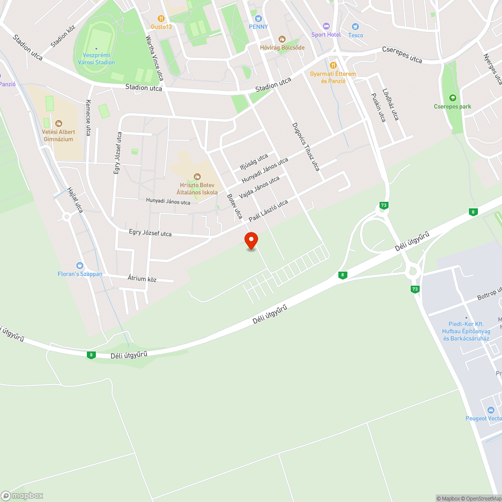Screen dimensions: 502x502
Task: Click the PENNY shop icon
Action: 259,18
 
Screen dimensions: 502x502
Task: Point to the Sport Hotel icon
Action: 326,26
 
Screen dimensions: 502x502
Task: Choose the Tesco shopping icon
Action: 355,27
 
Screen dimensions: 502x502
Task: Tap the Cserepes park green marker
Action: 453,97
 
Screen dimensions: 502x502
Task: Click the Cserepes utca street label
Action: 402,55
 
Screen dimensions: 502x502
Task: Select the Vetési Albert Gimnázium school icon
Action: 59,123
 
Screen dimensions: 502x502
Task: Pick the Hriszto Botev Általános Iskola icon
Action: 197,176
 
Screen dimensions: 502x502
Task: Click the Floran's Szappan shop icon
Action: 79,265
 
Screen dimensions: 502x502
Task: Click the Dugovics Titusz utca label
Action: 306,147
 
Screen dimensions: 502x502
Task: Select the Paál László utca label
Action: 269,211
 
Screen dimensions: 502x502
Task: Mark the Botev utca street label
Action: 234,206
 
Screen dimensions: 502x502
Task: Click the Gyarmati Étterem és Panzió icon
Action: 333,65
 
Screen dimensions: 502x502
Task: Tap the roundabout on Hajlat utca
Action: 66,217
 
